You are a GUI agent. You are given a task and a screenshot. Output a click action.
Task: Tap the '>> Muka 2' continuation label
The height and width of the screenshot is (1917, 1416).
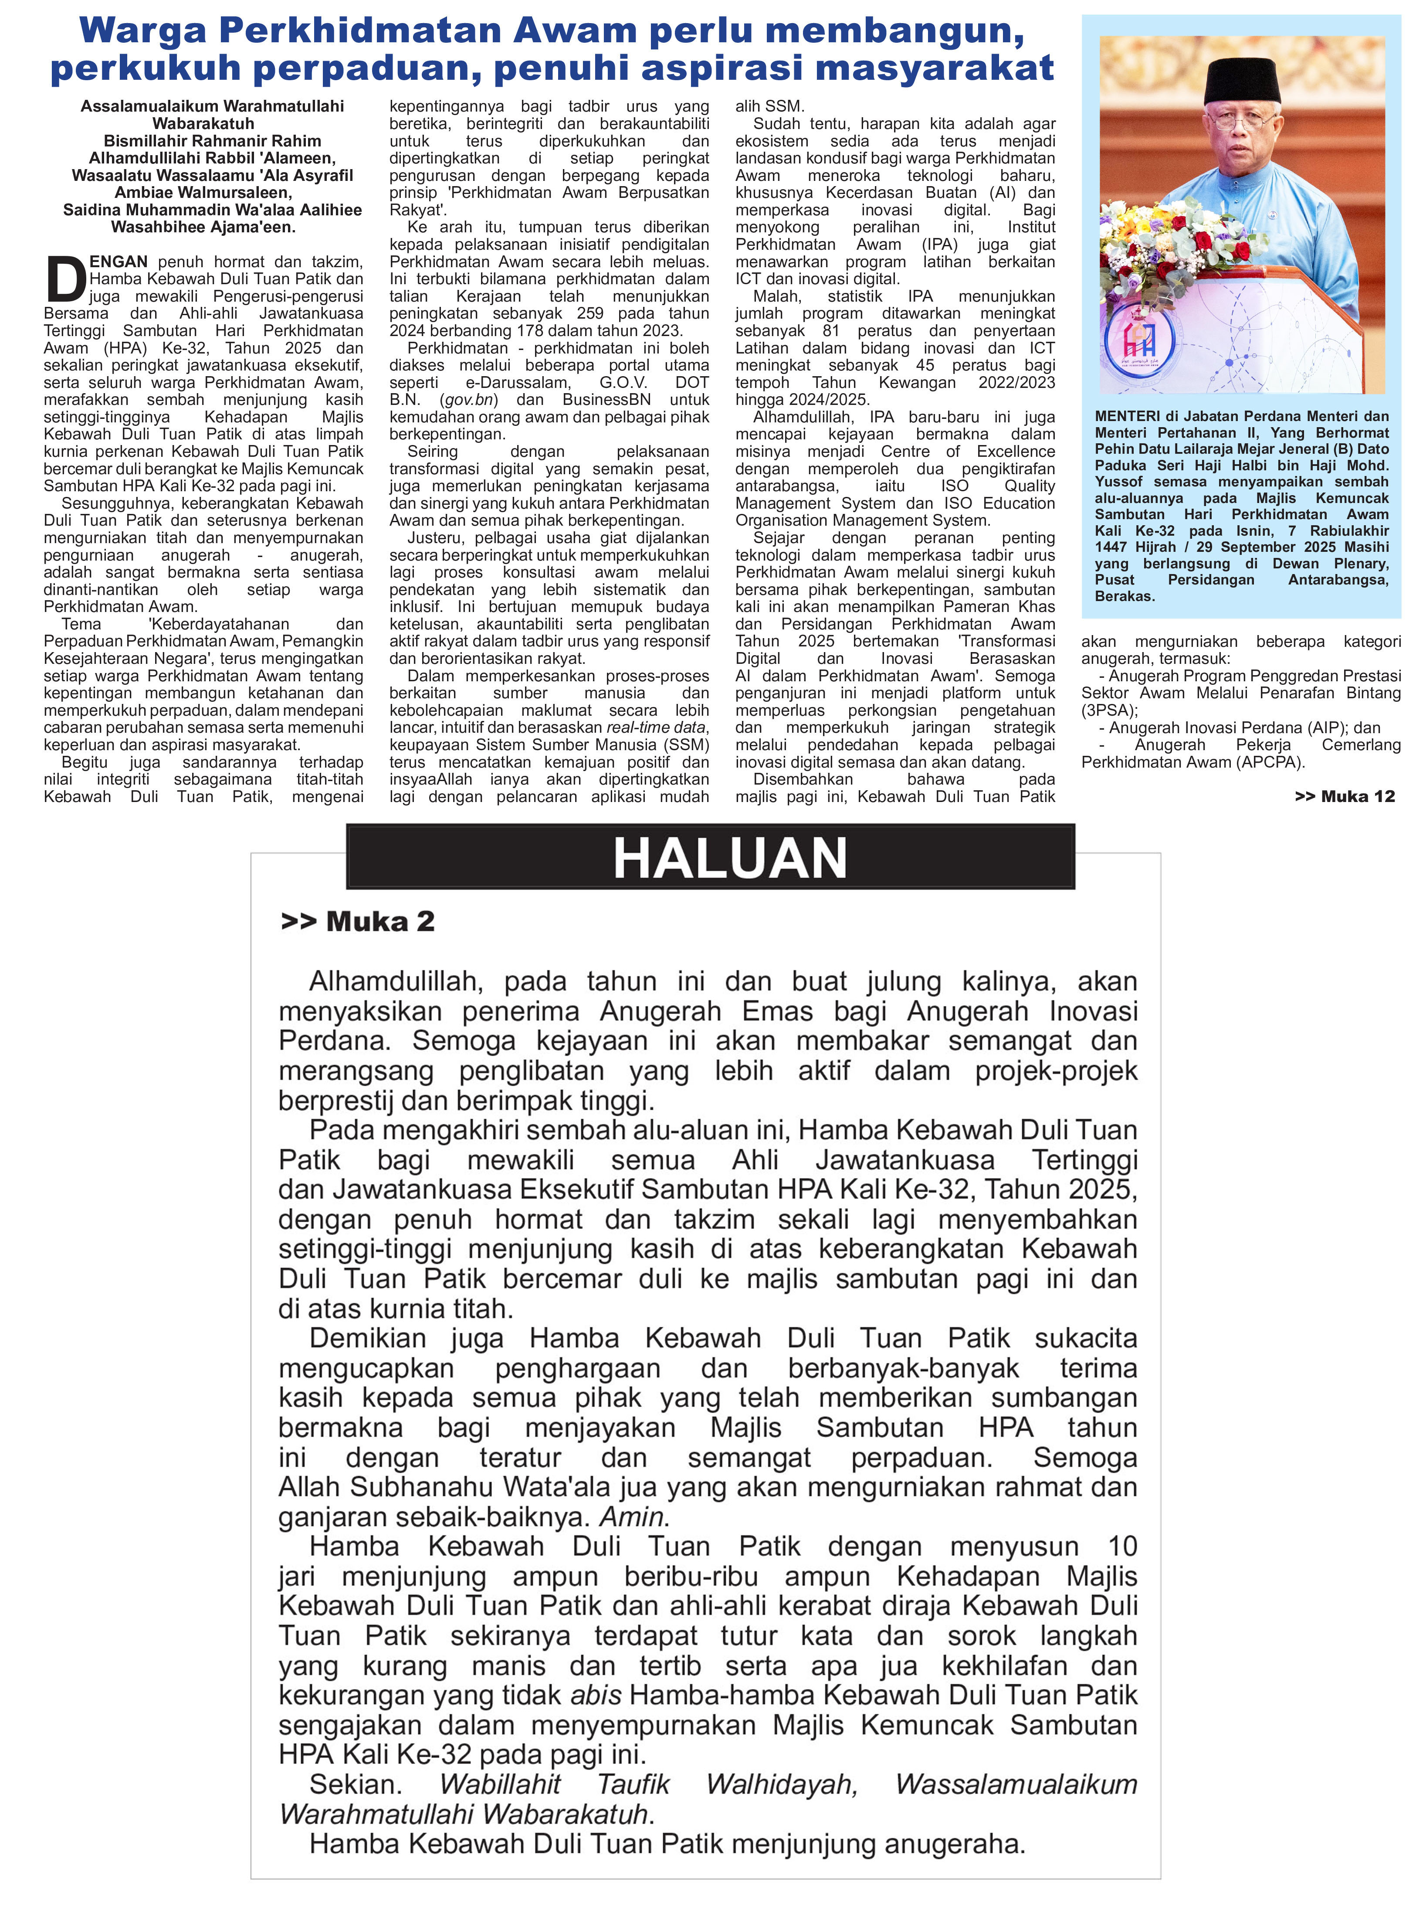coord(357,921)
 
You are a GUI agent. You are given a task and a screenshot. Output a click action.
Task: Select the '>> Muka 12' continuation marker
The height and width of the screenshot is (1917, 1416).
coord(1344,796)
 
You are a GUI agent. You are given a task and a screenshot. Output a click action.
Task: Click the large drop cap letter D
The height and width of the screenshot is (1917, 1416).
coord(65,279)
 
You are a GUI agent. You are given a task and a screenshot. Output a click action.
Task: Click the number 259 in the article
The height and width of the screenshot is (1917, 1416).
coord(590,314)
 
